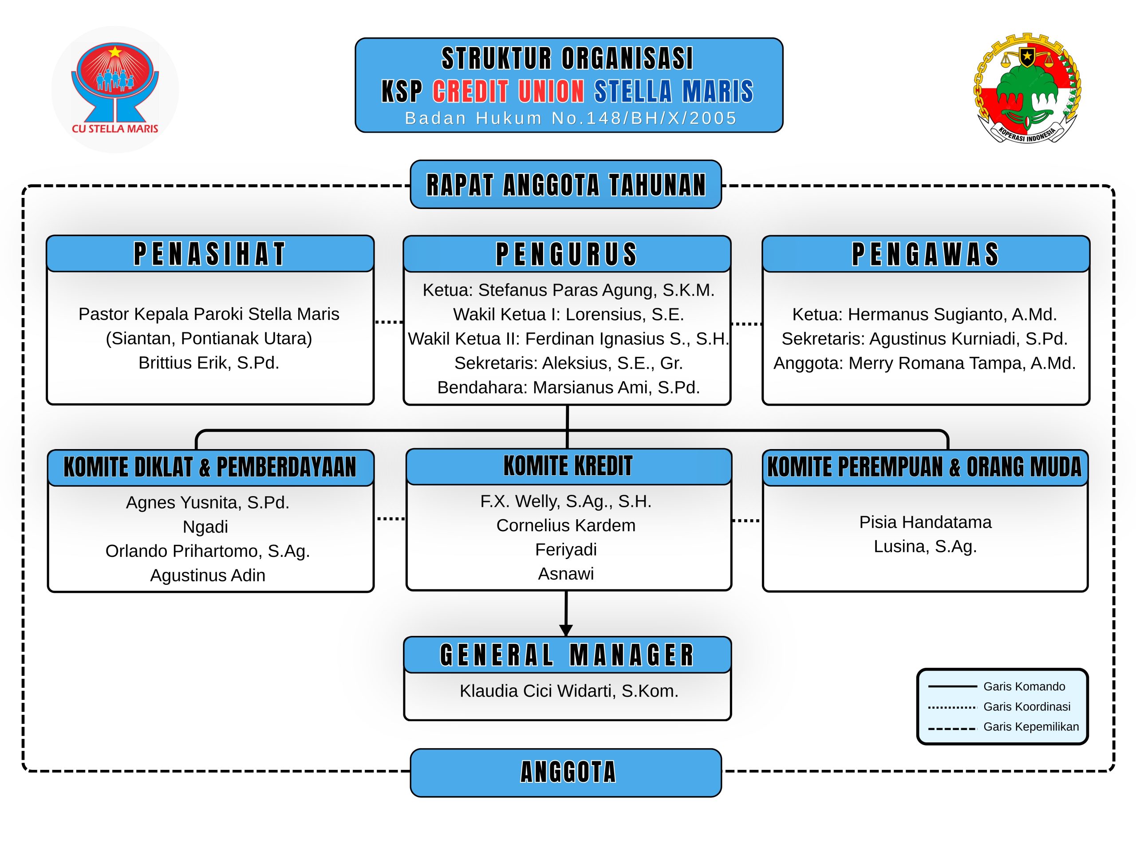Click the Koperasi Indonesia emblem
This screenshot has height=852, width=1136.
(1027, 88)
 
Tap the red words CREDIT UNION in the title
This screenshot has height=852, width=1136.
(508, 91)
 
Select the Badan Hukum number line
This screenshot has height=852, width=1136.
(571, 118)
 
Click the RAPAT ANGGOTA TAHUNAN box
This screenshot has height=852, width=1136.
(566, 184)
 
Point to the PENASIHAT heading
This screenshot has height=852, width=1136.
(209, 254)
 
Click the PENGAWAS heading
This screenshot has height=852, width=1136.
(925, 254)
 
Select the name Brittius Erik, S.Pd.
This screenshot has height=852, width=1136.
(209, 363)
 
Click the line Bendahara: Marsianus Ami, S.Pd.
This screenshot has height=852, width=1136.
(568, 387)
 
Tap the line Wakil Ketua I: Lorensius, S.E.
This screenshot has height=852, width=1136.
(568, 314)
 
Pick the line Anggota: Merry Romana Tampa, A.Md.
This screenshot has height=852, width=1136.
(924, 363)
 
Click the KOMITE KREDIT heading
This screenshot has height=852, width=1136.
(568, 466)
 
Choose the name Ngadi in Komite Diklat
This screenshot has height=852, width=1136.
(205, 527)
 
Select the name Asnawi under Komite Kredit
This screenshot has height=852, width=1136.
(566, 574)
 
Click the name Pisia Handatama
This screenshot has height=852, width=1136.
(925, 522)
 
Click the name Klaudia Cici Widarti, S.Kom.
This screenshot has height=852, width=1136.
(569, 691)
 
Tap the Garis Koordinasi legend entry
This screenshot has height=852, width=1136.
(999, 706)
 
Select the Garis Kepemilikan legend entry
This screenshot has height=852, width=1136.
(1003, 727)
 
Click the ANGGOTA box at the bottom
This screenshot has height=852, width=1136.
(566, 773)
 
